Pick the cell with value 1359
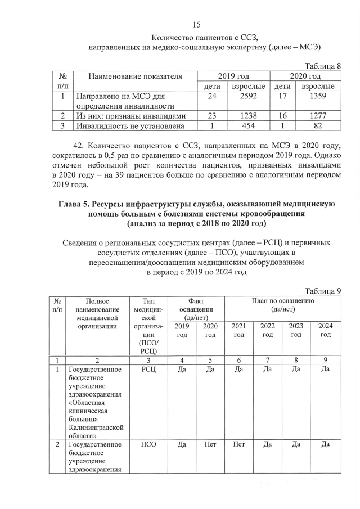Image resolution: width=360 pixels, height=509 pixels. click(318, 96)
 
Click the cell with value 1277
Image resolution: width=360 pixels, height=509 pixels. click(318, 116)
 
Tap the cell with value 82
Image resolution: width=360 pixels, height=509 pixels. click(318, 126)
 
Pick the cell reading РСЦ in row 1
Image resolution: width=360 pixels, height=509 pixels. click(145, 369)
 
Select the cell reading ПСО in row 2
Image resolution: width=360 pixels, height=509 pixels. click(145, 444)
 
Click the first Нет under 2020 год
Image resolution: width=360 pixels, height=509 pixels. click(210, 444)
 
